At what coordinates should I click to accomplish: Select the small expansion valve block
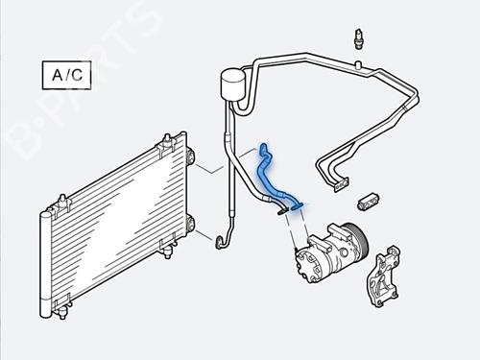pos(369,200)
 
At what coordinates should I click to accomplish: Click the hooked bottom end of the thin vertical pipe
pos(221,236)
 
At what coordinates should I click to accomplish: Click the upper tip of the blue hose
pos(262,149)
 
